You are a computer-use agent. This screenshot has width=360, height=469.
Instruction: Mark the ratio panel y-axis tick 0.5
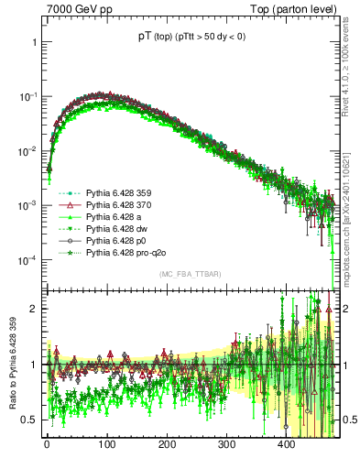pos(31,420)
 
